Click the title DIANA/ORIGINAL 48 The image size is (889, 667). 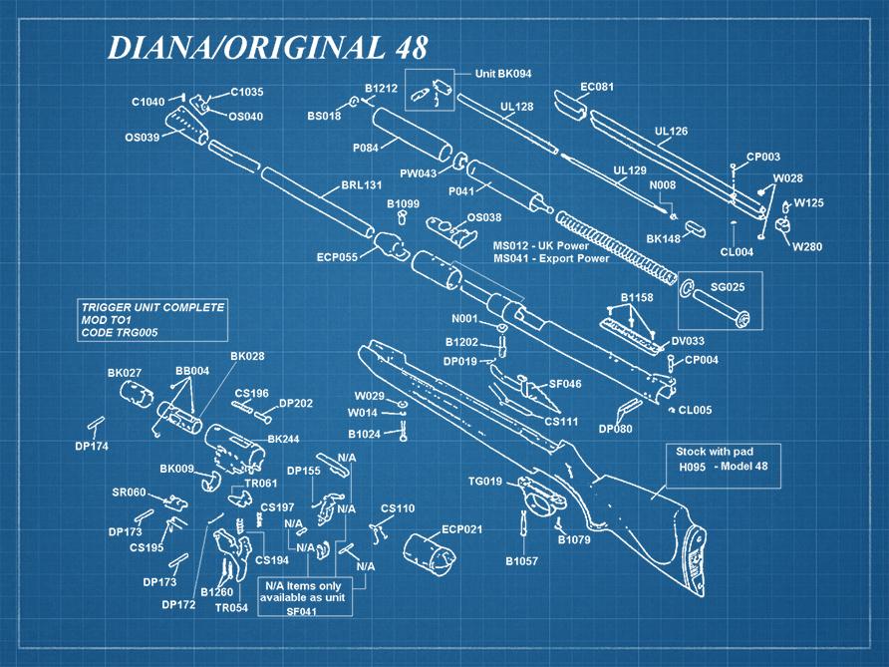click(x=267, y=47)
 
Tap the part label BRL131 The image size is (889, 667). click(x=362, y=185)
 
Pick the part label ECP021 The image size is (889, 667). click(x=461, y=528)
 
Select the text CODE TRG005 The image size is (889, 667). click(x=119, y=333)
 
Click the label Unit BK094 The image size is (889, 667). click(x=502, y=74)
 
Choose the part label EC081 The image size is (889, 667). click(x=597, y=87)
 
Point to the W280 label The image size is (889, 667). click(x=807, y=246)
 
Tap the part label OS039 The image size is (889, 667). click(x=142, y=138)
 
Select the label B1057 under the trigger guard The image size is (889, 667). click(x=521, y=561)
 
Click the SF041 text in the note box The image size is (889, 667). click(x=301, y=611)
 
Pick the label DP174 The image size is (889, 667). click(x=92, y=446)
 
